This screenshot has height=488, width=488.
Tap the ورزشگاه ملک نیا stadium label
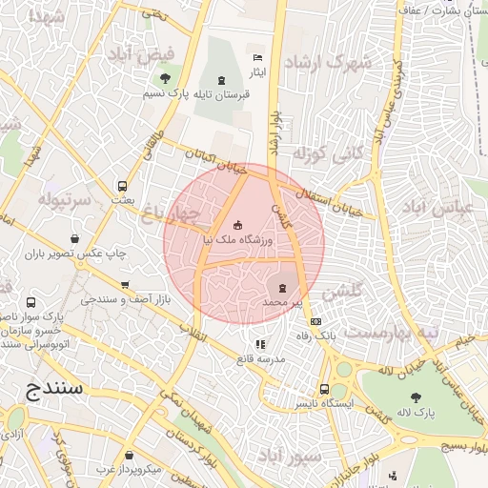pos(238,242)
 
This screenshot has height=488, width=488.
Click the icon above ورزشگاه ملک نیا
pos(238,226)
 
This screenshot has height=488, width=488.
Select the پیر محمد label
pos(282,302)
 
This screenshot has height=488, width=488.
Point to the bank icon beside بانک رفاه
pos(316,321)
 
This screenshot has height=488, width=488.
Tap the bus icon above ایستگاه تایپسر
pos(326,389)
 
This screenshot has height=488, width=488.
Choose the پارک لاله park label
pos(416,413)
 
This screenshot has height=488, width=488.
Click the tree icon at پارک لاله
pos(416,396)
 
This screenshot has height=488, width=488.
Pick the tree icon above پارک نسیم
pos(166,79)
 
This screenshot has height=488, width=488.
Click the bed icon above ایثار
pos(257,58)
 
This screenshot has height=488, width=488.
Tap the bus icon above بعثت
pos(123,187)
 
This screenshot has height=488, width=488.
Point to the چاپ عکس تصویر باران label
pos(75,254)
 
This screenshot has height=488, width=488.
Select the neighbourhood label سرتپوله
pos(65,201)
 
